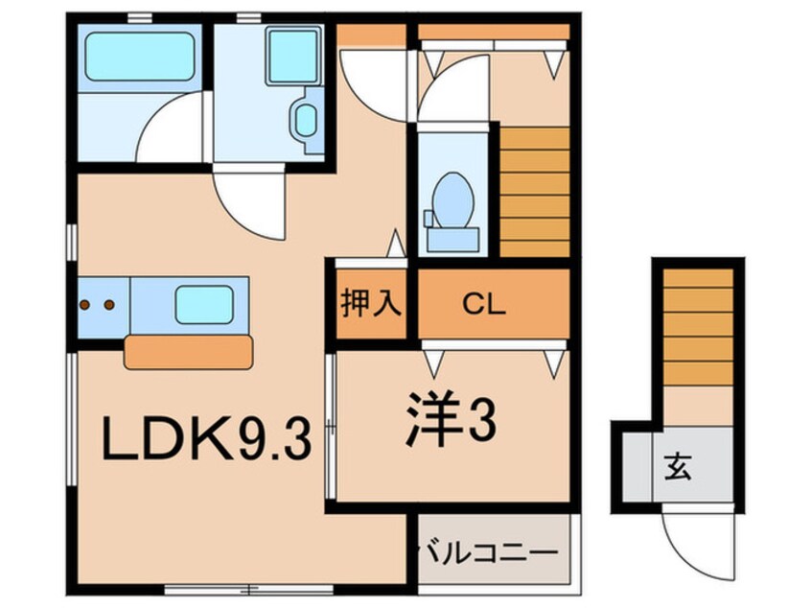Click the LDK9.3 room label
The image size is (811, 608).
209,442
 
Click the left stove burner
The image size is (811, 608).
85,305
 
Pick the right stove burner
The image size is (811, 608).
108,305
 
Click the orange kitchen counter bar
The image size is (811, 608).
189,351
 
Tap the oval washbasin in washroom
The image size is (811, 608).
306,120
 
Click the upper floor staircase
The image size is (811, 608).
535,192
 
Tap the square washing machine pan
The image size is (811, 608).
290,55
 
